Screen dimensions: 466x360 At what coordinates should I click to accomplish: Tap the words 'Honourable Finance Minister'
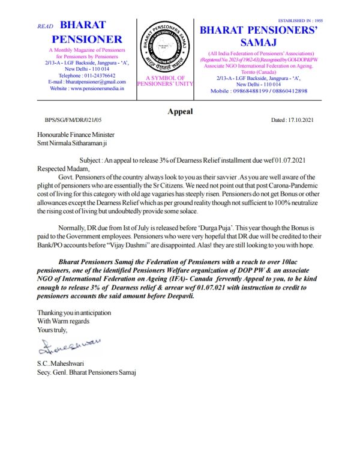[76, 135]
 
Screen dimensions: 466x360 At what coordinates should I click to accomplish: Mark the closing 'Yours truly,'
[52, 330]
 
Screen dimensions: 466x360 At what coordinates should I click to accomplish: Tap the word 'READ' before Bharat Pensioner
[46, 27]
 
